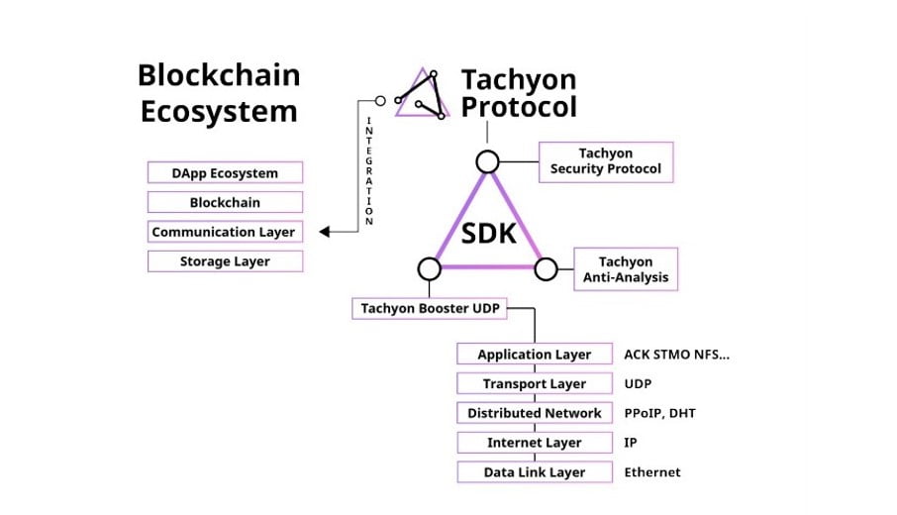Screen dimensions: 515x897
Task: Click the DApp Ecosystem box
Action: [x=225, y=173]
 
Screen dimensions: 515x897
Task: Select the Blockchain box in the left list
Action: [x=225, y=203]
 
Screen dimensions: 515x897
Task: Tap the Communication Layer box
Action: [x=225, y=232]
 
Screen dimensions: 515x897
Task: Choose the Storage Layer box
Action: [x=225, y=261]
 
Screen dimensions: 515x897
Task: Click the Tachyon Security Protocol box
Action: [x=606, y=161]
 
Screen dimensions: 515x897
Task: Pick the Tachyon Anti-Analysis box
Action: [x=626, y=269]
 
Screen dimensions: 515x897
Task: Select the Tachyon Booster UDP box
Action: [x=430, y=308]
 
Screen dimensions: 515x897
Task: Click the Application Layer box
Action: [x=534, y=355]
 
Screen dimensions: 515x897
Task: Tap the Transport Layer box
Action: [x=534, y=383]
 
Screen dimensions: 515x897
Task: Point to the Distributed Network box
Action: [x=534, y=413]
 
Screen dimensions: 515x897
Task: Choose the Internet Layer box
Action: [x=534, y=443]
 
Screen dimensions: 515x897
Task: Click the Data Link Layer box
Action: [x=534, y=472]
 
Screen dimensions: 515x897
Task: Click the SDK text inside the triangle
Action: [x=488, y=234]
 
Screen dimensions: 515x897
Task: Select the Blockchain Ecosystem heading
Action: [x=219, y=92]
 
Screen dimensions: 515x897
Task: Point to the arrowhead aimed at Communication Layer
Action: [x=325, y=232]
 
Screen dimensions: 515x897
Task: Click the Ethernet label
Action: [x=652, y=472]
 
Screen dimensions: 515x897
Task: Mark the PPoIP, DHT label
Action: [x=659, y=413]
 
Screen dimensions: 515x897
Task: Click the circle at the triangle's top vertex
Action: [x=487, y=161]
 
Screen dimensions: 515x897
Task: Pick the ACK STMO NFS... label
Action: [x=677, y=355]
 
